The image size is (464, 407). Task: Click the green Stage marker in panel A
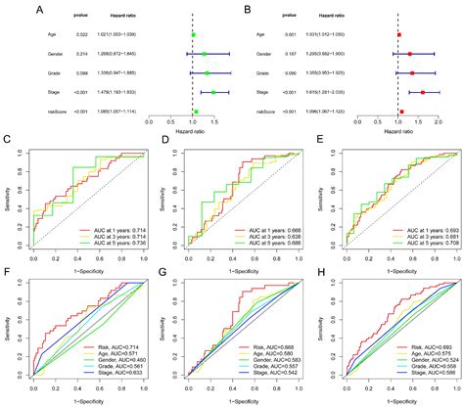coord(213,92)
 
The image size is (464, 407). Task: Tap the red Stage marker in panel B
coord(423,92)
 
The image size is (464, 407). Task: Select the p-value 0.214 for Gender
coord(55,53)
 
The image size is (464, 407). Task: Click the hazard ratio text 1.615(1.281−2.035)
coord(331,92)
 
